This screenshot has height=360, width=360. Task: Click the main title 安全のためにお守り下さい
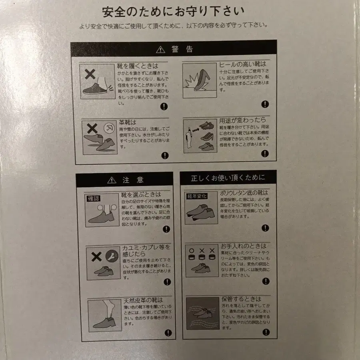(173, 12)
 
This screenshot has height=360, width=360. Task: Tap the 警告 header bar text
(182, 50)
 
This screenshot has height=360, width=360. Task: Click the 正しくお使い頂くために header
(228, 178)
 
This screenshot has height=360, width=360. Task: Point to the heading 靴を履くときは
(137, 66)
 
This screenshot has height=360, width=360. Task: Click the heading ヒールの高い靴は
(242, 64)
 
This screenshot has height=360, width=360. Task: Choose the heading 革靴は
(127, 122)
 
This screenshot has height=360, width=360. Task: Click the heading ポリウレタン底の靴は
(244, 193)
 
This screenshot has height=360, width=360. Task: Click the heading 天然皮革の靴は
(143, 300)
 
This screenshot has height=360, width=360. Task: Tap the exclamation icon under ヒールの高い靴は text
(265, 104)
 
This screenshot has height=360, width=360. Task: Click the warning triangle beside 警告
(160, 50)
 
